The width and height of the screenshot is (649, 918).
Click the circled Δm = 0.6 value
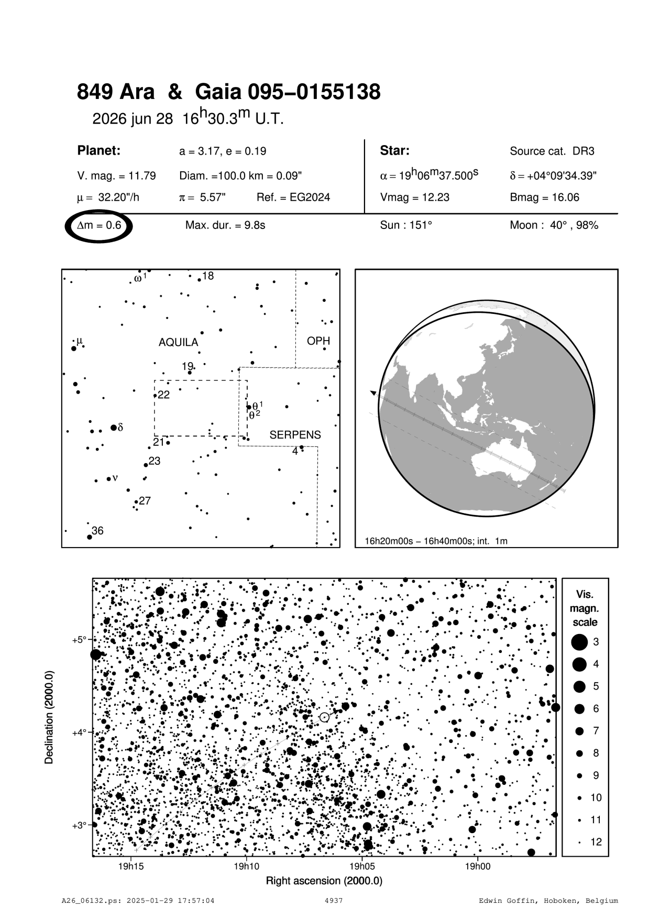[99, 226]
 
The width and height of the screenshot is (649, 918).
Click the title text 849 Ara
[116, 92]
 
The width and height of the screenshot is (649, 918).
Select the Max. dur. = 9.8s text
[225, 226]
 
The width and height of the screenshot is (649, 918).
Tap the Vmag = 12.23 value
[414, 198]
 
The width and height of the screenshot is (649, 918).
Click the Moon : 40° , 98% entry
[554, 226]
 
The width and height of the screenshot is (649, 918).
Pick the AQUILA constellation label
[178, 343]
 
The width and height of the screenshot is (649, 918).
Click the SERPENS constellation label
[295, 435]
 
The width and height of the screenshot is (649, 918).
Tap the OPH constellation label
[318, 341]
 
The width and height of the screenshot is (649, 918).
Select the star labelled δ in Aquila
[114, 428]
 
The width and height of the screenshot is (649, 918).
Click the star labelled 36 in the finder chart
[90, 537]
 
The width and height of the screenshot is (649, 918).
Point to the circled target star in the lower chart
[324, 717]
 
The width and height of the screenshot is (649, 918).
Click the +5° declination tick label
[79, 640]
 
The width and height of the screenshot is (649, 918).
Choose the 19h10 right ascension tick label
[246, 867]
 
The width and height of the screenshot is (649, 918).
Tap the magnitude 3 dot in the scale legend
[579, 642]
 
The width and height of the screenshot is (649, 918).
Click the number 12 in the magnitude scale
[596, 842]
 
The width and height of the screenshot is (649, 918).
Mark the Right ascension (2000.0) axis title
[324, 881]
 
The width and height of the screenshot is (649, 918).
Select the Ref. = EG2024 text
[293, 198]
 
